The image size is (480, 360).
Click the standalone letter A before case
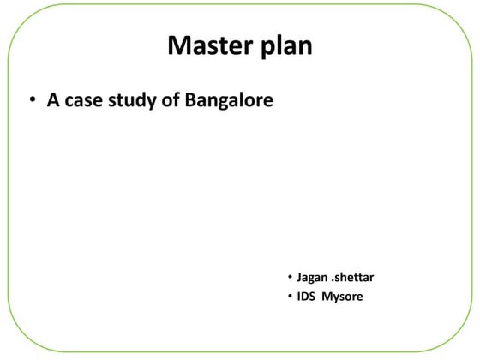(52, 100)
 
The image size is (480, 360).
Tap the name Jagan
(313, 279)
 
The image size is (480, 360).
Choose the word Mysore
(342, 297)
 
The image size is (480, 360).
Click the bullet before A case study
(30, 101)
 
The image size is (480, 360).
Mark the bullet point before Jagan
(290, 278)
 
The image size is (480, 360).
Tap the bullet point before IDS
(290, 297)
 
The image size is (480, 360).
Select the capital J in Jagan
(299, 278)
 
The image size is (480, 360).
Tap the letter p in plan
(261, 48)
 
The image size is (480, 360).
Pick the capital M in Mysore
(327, 297)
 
